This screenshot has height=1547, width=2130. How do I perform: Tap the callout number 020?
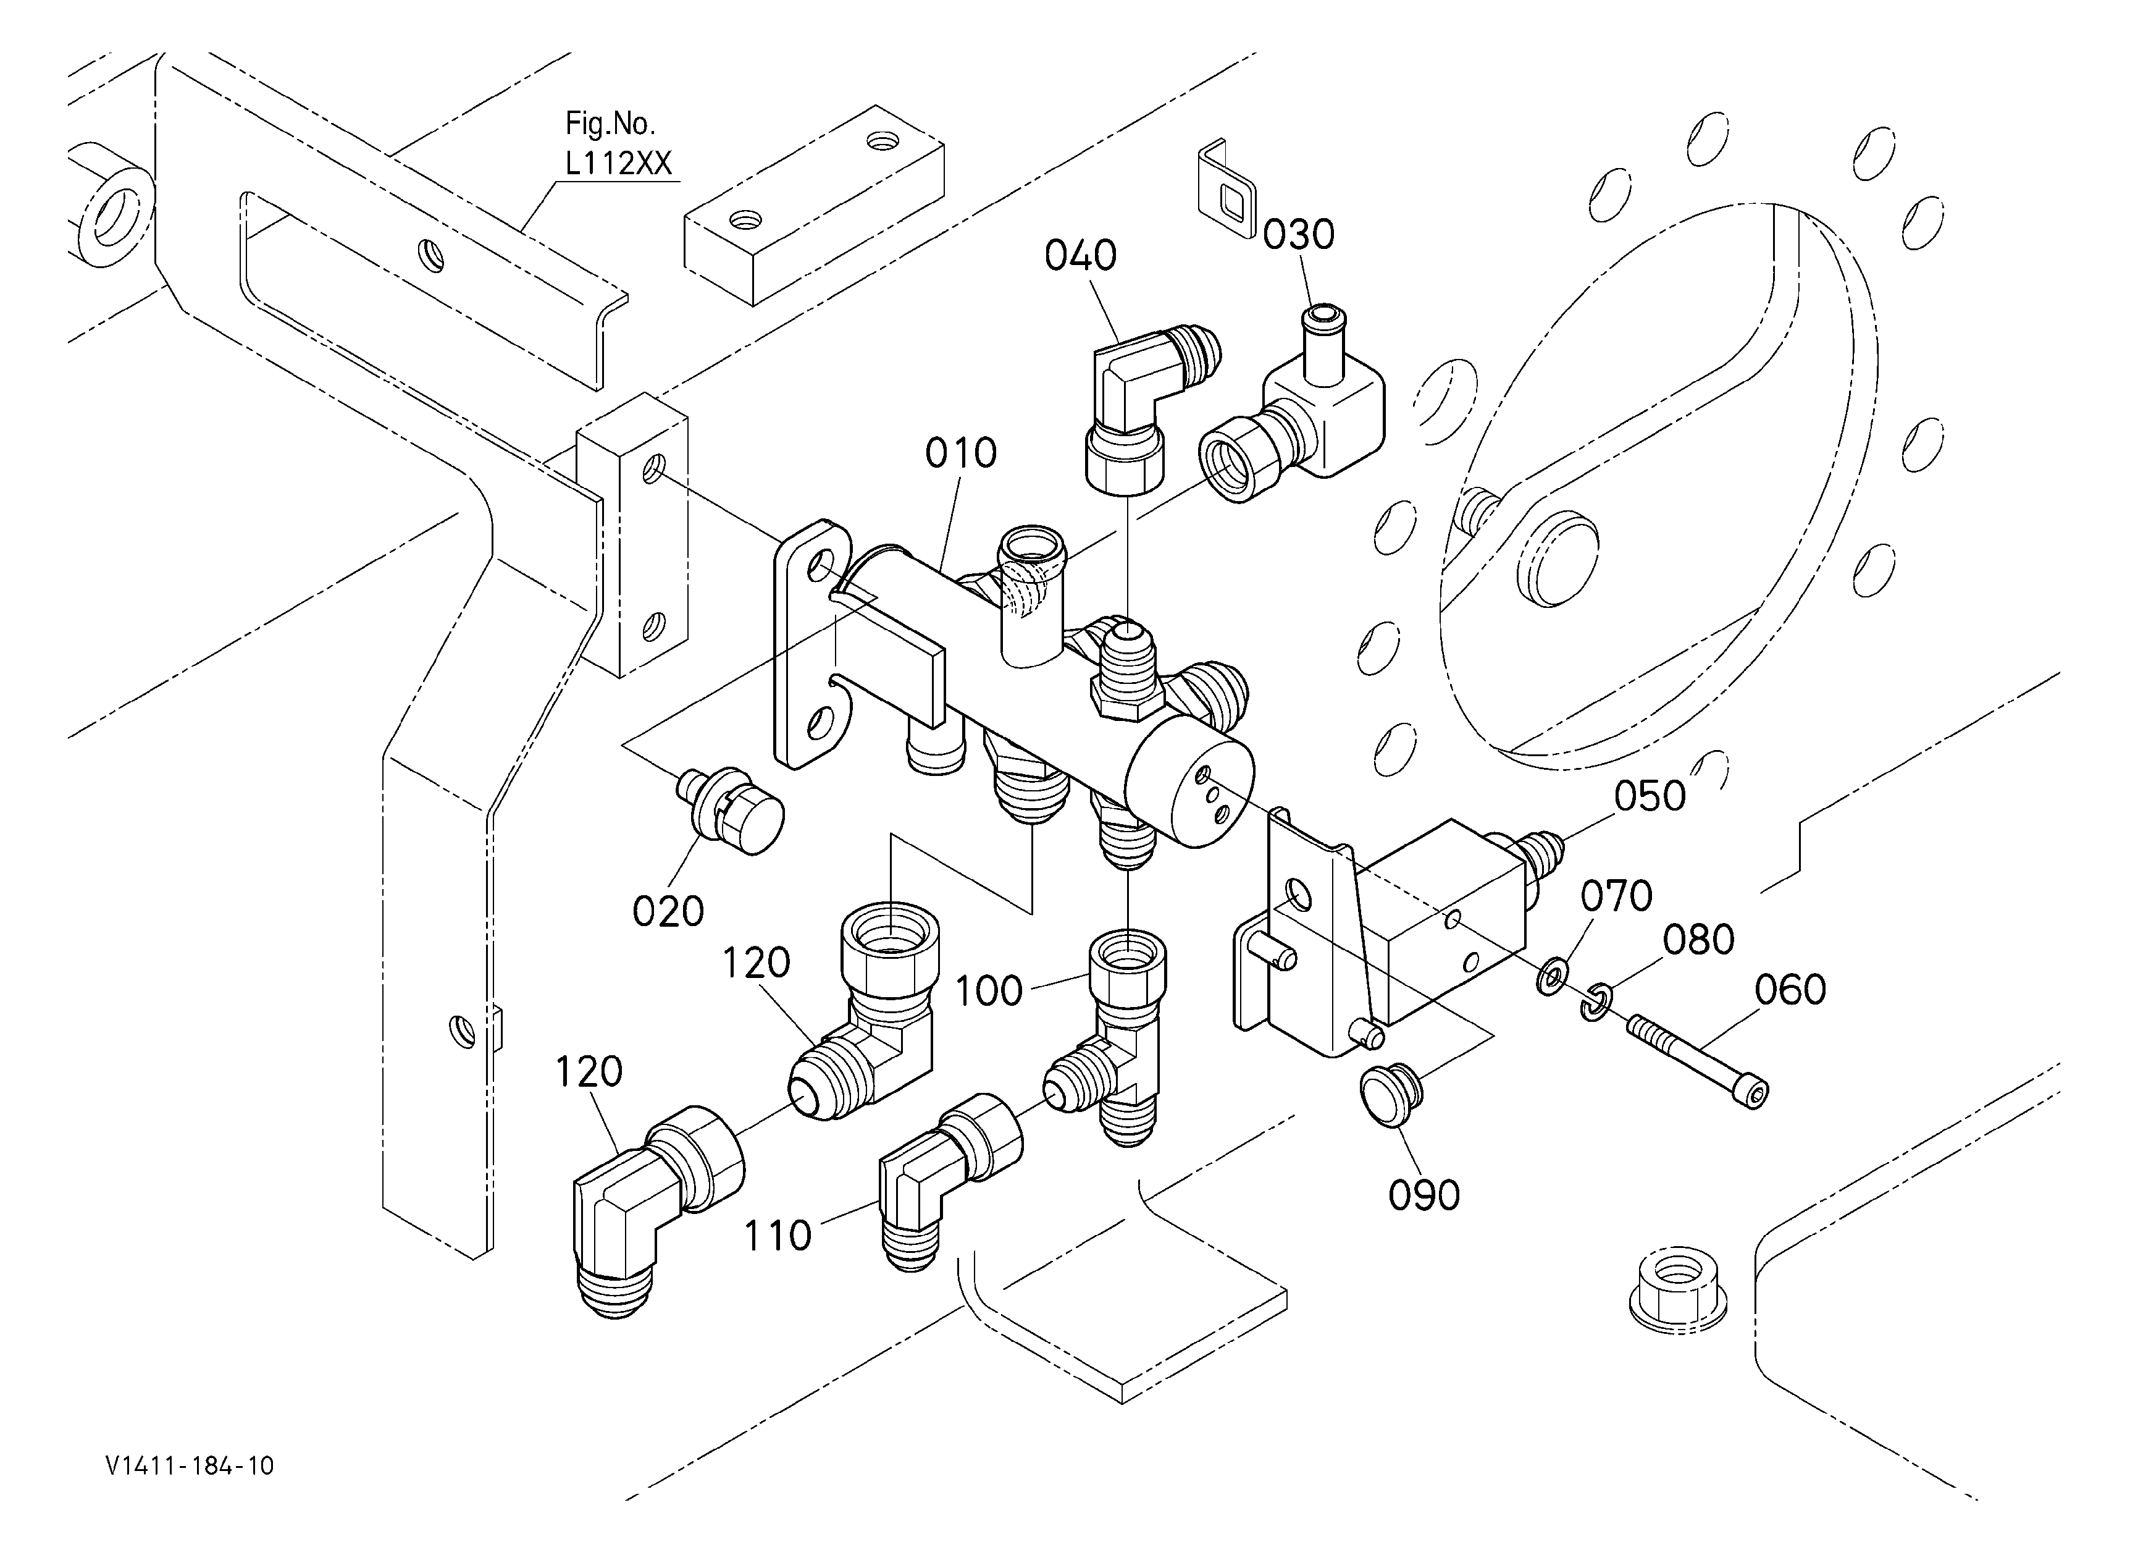pos(668,912)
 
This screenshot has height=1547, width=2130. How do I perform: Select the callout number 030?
pos(1298,235)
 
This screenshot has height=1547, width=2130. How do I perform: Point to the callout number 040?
pos(1080,256)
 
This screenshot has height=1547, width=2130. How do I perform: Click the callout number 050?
pos(1650,796)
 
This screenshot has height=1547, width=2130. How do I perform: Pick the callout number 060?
pos(1790,990)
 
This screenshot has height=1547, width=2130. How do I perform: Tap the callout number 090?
pos(1423,1195)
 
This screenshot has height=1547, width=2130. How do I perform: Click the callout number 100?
pos(989,991)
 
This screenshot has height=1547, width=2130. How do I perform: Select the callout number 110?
pos(778,1236)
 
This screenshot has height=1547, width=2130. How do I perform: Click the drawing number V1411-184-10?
pos(190,1466)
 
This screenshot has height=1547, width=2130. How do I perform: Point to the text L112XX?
pos(618,164)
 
